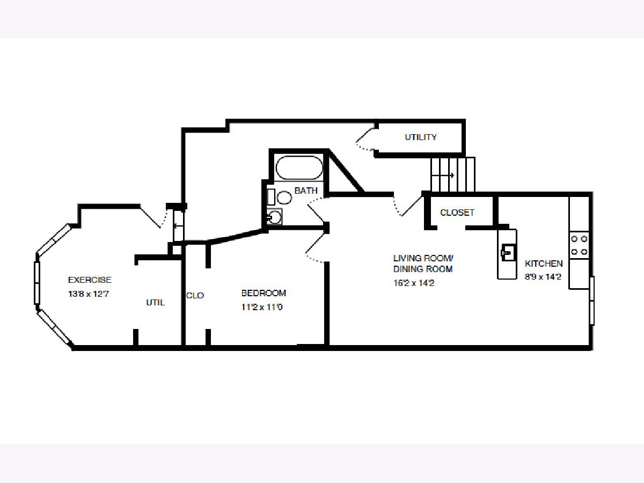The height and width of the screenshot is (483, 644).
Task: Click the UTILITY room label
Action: pyautogui.click(x=420, y=137)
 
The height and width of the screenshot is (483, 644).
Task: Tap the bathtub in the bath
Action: pyautogui.click(x=299, y=167)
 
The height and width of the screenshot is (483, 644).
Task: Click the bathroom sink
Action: pyautogui.click(x=275, y=217)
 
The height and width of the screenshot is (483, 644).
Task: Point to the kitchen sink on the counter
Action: pyautogui.click(x=507, y=252)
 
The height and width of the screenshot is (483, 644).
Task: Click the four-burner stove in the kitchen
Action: pyautogui.click(x=579, y=245)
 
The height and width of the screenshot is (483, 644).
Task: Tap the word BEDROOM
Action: pyautogui.click(x=264, y=293)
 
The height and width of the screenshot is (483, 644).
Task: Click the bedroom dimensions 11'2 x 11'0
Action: pyautogui.click(x=262, y=307)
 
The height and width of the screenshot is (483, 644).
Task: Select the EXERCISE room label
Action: pyautogui.click(x=90, y=280)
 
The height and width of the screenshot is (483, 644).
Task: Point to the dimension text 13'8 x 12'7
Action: pyautogui.click(x=89, y=294)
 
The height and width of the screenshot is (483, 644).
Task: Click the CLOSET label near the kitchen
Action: pyautogui.click(x=457, y=213)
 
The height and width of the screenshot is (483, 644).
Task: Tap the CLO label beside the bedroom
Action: pyautogui.click(x=195, y=295)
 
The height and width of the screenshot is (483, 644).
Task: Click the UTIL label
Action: pyautogui.click(x=155, y=302)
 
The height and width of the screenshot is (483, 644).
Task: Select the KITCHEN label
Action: pyautogui.click(x=544, y=264)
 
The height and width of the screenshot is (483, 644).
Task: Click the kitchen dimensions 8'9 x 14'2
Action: pyautogui.click(x=543, y=276)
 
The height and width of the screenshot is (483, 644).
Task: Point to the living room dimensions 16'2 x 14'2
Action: pyautogui.click(x=414, y=283)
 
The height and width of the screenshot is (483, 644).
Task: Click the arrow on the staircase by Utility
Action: pyautogui.click(x=443, y=175)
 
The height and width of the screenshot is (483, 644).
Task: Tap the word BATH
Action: pyautogui.click(x=306, y=191)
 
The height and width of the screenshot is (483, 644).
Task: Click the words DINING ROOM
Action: pyautogui.click(x=423, y=269)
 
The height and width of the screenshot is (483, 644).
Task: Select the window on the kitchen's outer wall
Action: pyautogui.click(x=592, y=301)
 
